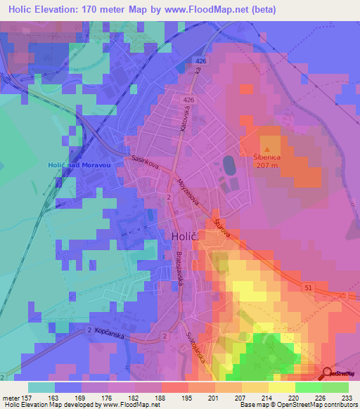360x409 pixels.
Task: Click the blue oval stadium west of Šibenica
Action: (230, 166)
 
